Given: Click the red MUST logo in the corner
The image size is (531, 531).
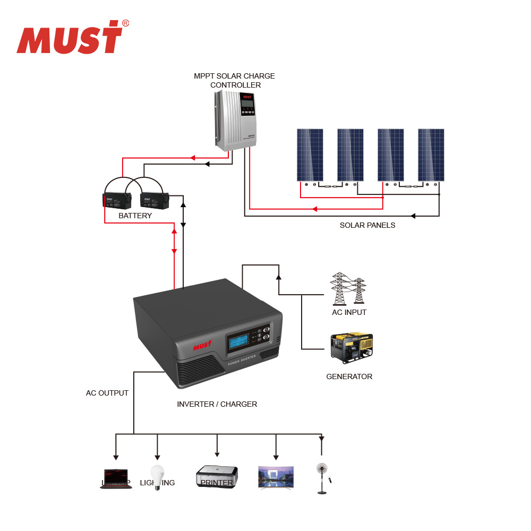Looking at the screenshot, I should coord(70,38).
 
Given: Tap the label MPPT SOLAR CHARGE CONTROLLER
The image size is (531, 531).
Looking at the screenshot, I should coord(234,81).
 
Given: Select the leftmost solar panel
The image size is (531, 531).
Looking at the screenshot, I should coord(310,155).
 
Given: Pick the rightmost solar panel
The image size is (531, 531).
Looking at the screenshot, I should coord(431,155).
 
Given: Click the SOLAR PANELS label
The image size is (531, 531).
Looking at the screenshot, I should coord(367,225).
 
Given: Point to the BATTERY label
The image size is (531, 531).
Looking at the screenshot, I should coord(135,216).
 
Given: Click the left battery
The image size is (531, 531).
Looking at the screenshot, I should coord(116,200).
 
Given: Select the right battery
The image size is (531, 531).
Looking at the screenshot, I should coord(154,200).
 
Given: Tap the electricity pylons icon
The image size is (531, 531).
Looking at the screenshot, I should coord(348,289).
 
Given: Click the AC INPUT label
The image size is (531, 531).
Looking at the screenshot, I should coord(349,312).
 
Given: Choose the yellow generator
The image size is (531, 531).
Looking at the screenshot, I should coord(351,348).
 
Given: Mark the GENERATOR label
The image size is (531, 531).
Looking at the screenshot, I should coord(349,376).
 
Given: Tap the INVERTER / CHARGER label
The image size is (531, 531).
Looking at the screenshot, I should coord(217,404).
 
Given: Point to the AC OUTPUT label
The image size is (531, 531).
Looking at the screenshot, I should coord(107,393).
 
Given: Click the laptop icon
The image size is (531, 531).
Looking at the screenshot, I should coord(116,478).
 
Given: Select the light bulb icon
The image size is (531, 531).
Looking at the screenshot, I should coord(157,476).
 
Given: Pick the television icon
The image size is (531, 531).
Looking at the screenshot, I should coord(276,477).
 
